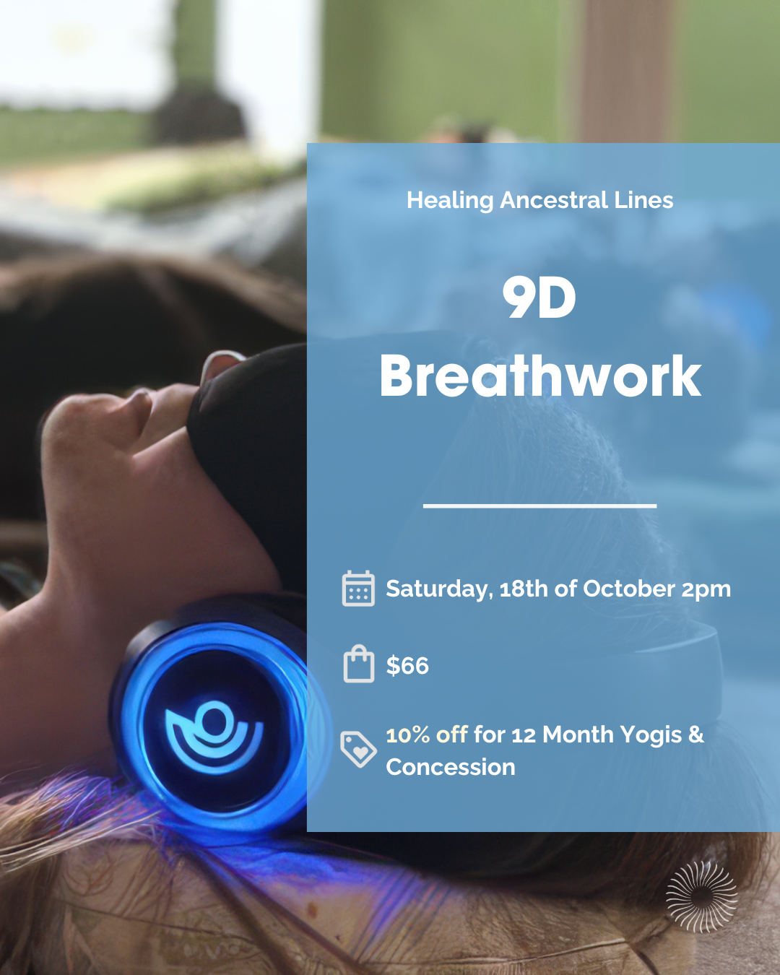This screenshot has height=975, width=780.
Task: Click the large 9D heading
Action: point(539,298)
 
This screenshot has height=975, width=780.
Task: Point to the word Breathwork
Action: point(540,376)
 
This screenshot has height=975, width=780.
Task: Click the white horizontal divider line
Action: point(539,506)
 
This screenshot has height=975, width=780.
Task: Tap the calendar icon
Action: point(358,588)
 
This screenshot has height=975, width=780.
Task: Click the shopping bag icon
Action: point(358,664)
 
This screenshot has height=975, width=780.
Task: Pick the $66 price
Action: point(407,665)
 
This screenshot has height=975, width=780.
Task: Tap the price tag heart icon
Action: point(358,749)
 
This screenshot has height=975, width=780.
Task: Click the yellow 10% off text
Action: point(427,735)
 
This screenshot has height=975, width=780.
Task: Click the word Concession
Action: point(451,767)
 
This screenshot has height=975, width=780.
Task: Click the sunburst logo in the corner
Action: point(701,896)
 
